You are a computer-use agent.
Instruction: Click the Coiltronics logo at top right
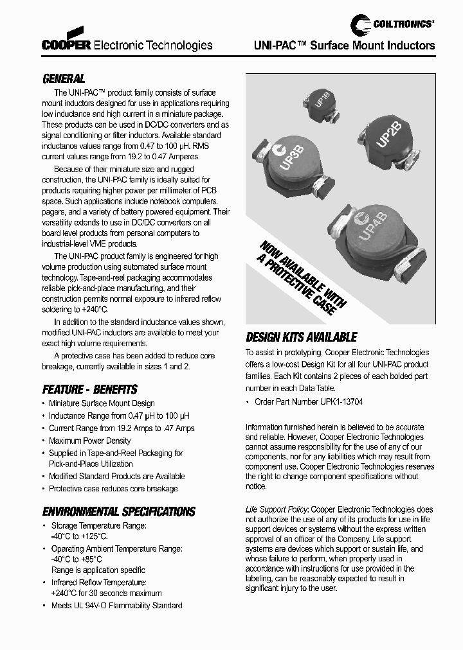(x=392, y=24)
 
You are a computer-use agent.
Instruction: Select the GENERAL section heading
(x=63, y=79)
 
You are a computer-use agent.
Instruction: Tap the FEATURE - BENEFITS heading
(x=89, y=389)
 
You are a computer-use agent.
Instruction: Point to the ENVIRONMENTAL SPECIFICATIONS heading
(x=118, y=512)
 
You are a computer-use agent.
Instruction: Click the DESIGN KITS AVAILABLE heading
(x=301, y=337)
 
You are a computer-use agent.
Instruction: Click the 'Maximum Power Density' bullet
(x=89, y=441)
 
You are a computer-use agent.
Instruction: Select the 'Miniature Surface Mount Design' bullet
(x=102, y=403)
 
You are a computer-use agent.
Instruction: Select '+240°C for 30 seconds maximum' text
(x=106, y=593)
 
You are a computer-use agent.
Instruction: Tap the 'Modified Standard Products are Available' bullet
(x=116, y=476)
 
